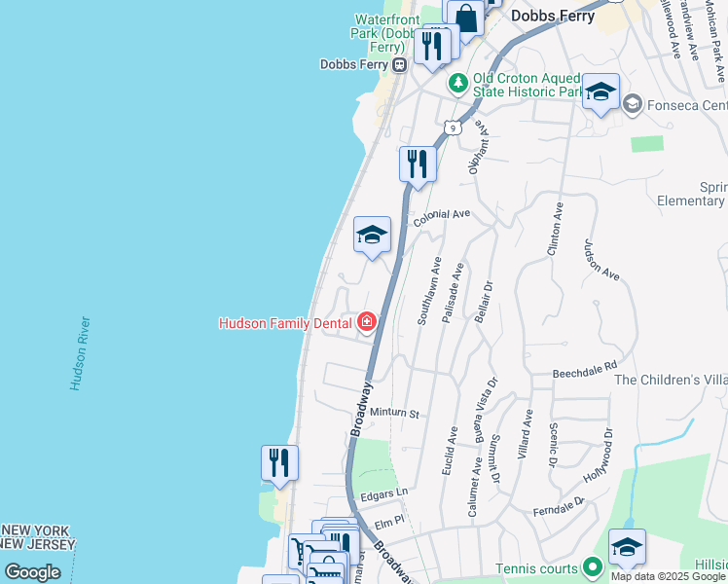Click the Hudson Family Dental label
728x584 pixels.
point(285,323)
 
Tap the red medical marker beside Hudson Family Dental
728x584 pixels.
point(367,322)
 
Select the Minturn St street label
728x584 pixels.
point(393,414)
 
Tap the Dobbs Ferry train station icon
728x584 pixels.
point(399,64)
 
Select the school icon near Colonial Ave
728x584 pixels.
point(371,235)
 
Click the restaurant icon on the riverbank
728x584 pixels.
point(279,462)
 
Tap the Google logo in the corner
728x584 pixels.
point(32,572)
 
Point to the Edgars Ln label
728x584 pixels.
point(382,493)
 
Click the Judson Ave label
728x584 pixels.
point(601,260)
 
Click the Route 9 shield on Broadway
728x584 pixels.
point(451,127)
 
